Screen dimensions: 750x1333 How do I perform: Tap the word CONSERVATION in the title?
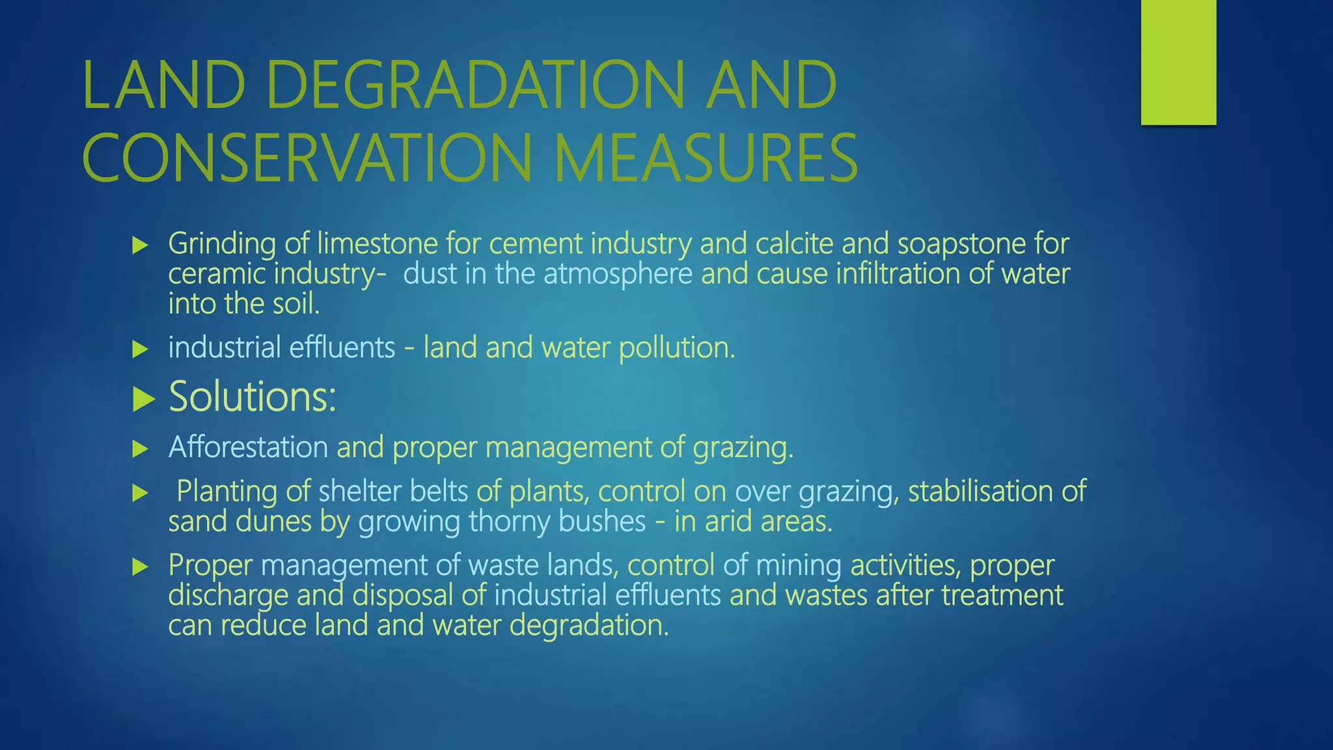click(x=307, y=158)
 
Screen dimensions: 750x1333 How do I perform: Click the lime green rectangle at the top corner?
click(x=1178, y=62)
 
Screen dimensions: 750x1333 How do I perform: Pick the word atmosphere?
click(x=618, y=273)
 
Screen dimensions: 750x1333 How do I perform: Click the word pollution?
click(x=676, y=348)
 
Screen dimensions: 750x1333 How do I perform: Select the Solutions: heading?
click(x=253, y=396)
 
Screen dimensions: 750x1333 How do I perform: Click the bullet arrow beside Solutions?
click(x=143, y=399)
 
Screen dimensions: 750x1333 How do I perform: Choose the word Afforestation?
click(x=248, y=447)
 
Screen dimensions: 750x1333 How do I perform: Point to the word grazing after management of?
click(x=743, y=448)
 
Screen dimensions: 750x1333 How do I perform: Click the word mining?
click(x=799, y=565)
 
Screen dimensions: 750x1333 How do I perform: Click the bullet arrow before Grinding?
click(x=140, y=245)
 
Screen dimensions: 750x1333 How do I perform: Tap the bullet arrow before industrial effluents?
click(x=140, y=350)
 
